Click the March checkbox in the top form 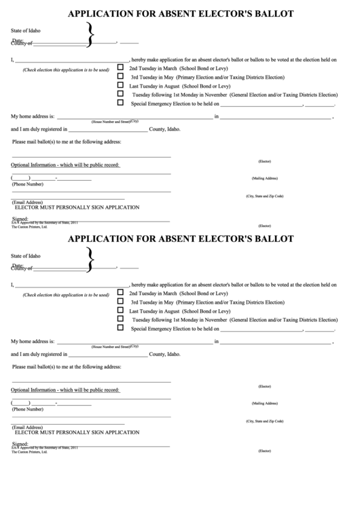click(x=121, y=68)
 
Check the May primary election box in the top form click(x=121, y=77)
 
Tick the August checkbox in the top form click(x=121, y=86)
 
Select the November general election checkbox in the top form click(x=121, y=94)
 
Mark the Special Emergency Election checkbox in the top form click(x=121, y=103)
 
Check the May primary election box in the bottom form click(x=121, y=300)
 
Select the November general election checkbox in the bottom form click(x=121, y=318)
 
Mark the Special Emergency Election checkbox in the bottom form click(x=121, y=327)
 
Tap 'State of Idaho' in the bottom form click(x=26, y=256)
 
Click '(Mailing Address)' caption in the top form click(x=265, y=178)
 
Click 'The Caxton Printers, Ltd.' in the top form click(x=29, y=226)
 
